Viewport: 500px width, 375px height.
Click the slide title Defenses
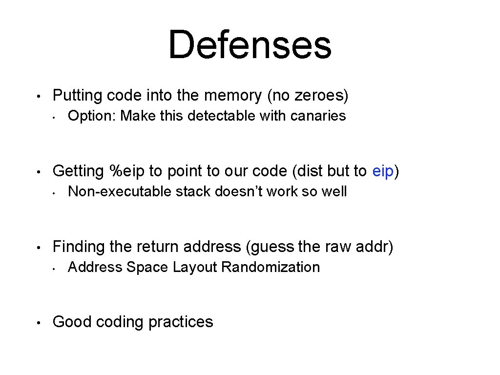coord(250,44)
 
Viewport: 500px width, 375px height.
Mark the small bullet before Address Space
coord(57,268)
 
